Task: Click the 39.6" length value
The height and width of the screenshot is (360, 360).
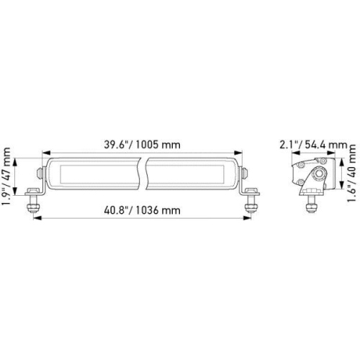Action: coord(117,144)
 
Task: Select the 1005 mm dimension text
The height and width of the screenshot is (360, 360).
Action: coord(160,144)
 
